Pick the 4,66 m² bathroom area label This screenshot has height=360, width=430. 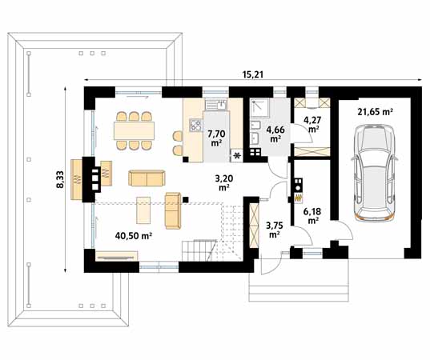point(275,133)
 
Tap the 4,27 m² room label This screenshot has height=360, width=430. point(313,123)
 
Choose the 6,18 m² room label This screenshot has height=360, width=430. point(313,214)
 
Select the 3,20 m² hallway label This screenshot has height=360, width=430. point(225,182)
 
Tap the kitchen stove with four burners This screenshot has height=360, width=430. point(195,124)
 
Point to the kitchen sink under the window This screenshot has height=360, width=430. point(214,104)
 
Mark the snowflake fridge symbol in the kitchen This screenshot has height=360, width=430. point(237,155)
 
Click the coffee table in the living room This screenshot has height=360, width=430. point(143,210)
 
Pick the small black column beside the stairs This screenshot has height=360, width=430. point(186,196)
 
